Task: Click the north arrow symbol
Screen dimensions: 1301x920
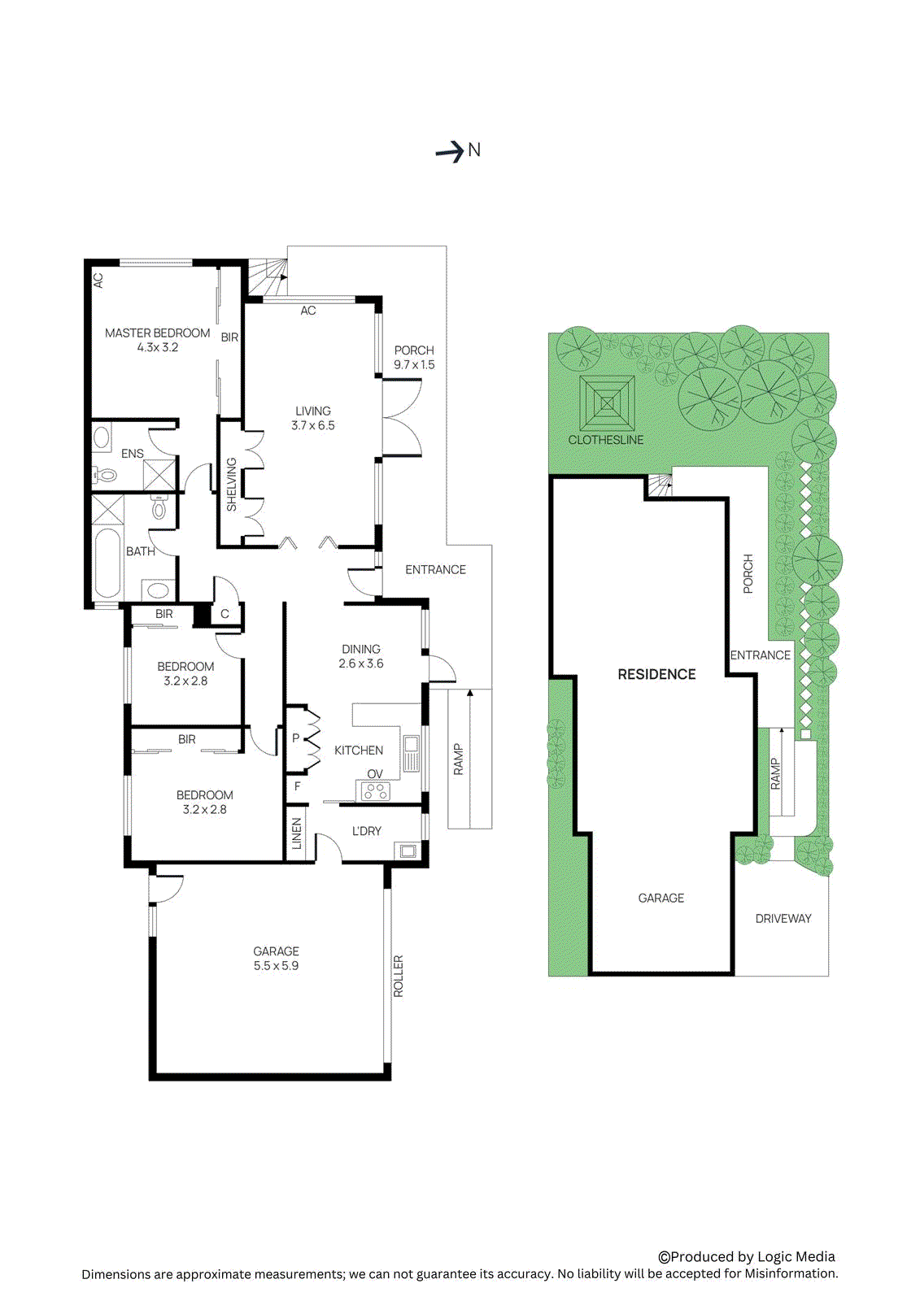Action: pos(451,151)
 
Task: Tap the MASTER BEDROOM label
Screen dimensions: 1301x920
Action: pos(158,333)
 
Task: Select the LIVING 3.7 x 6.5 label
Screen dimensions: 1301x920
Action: pos(313,418)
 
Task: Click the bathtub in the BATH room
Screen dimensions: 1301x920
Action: pos(107,563)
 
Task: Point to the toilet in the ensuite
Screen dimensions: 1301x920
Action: pos(105,475)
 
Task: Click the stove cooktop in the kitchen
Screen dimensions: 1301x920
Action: pos(375,790)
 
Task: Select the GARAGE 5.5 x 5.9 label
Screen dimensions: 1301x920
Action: pos(276,959)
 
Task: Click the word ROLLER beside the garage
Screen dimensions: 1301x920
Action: pos(399,976)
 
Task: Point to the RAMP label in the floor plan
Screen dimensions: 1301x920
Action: pos(458,759)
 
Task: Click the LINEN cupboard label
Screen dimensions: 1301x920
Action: pos(297,833)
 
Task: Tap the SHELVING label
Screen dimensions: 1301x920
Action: pos(231,485)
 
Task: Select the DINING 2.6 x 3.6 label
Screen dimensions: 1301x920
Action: pos(361,656)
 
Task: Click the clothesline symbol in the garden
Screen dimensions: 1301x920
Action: pos(607,403)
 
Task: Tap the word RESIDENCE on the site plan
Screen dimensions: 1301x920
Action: pos(656,674)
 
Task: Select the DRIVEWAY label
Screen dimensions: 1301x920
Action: pos(783,919)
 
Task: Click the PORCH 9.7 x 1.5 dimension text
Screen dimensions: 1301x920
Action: pos(414,365)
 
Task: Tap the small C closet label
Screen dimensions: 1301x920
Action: pos(225,614)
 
